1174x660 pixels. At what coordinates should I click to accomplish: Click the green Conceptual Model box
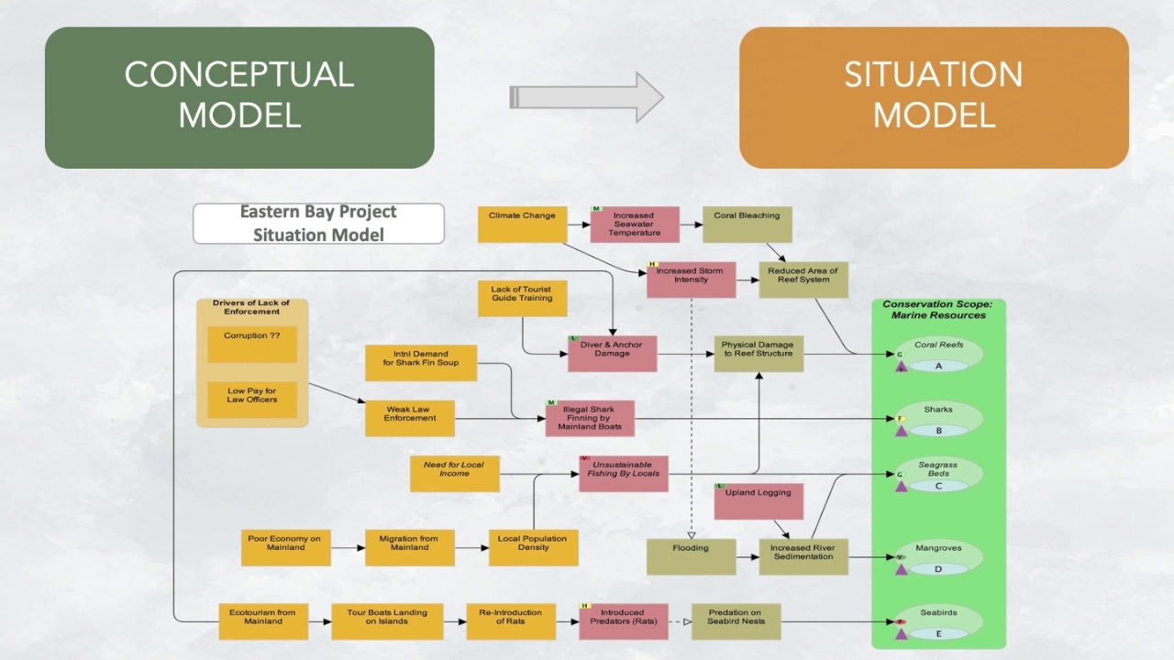239,97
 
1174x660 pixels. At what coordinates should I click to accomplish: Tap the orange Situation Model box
934,97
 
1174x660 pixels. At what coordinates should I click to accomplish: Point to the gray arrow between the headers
586,96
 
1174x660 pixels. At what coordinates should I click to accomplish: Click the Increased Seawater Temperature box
634,225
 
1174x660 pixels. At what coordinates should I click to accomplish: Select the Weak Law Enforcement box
410,418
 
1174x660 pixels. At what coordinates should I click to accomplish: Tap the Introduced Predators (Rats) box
623,621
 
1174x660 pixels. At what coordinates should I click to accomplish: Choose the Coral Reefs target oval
938,355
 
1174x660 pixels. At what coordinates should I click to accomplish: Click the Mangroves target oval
938,558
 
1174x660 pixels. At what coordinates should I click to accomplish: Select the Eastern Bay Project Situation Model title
318,224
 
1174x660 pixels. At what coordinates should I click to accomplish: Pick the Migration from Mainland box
409,547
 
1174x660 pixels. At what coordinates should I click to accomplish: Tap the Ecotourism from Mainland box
262,621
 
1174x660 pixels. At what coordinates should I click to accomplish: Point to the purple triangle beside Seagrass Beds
902,486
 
